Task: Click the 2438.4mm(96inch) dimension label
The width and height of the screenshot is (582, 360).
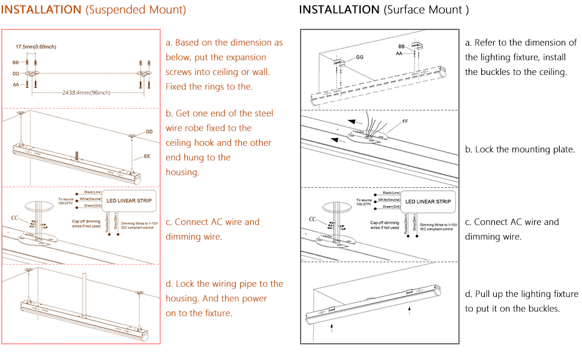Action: click(86, 92)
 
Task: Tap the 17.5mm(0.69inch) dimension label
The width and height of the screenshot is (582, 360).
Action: click(36, 47)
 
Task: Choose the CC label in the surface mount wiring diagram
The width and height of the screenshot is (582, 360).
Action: click(313, 219)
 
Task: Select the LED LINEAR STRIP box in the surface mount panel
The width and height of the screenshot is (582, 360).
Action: click(427, 202)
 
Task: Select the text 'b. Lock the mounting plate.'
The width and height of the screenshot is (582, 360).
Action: click(520, 149)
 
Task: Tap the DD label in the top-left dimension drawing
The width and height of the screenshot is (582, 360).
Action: click(16, 73)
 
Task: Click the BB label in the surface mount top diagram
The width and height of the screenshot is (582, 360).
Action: click(401, 46)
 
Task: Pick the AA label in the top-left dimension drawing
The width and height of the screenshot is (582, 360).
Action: click(16, 85)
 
